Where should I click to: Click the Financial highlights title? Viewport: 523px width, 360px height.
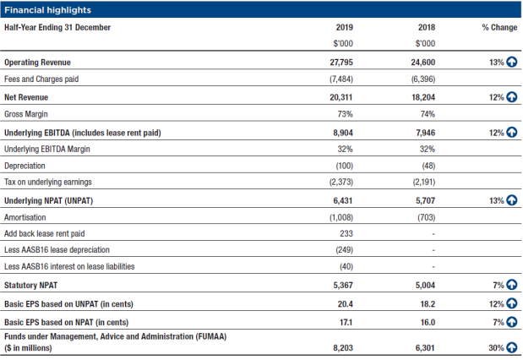(x=47, y=10)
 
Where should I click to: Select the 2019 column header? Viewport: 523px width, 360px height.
(x=344, y=27)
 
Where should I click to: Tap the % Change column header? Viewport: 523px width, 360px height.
(x=499, y=27)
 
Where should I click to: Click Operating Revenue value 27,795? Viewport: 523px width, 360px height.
(x=341, y=63)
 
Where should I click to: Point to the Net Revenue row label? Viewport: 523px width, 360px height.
(x=26, y=97)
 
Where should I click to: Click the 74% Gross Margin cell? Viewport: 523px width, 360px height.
(x=428, y=114)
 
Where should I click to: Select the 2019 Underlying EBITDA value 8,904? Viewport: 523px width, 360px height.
(x=343, y=133)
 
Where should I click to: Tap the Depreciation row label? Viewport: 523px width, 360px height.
(x=25, y=166)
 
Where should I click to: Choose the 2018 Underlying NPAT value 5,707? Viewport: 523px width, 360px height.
(x=425, y=201)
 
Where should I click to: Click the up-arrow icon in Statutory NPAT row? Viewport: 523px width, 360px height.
(x=512, y=285)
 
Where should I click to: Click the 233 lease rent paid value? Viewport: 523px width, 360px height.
(x=346, y=233)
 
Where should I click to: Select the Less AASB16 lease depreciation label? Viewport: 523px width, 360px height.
(x=57, y=250)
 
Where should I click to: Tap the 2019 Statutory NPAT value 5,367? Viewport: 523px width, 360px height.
(x=343, y=286)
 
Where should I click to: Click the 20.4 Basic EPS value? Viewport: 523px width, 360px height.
(x=345, y=304)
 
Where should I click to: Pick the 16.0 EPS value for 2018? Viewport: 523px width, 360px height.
(x=428, y=322)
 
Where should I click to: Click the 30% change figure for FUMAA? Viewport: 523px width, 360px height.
(x=496, y=348)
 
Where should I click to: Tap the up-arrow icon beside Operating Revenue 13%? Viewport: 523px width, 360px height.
(x=512, y=62)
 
